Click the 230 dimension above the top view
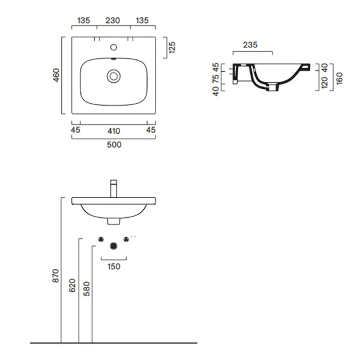pyautogui.click(x=113, y=20)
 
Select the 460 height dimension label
pyautogui.click(x=56, y=75)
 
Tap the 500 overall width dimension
pyautogui.click(x=114, y=145)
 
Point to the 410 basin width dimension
pyautogui.click(x=114, y=131)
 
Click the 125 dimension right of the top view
pyautogui.click(x=172, y=47)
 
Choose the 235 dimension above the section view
pyautogui.click(x=250, y=45)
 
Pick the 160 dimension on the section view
pyautogui.click(x=340, y=78)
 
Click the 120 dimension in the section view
pyautogui.click(x=325, y=83)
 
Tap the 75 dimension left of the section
pyautogui.click(x=216, y=79)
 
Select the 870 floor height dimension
pyautogui.click(x=56, y=276)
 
